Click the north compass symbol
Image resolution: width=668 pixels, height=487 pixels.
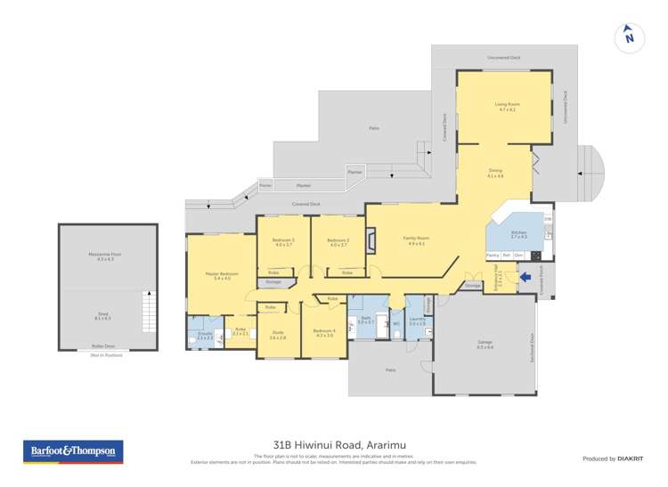(x=629, y=37)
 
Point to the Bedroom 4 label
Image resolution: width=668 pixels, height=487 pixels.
(x=323, y=333)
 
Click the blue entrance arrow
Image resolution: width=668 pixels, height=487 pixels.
(x=524, y=277)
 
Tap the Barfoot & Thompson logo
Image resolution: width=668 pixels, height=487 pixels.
(x=72, y=452)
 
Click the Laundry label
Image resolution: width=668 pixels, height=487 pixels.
(x=417, y=321)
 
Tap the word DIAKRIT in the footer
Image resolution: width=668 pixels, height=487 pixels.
(x=631, y=458)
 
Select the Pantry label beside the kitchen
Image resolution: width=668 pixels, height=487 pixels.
(x=493, y=256)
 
